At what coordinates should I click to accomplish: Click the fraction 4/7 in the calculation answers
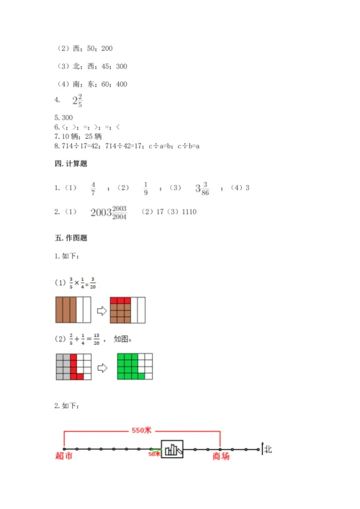tap(93, 189)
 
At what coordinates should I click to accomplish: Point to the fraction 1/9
tap(145, 189)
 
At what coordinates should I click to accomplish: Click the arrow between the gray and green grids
tap(102, 367)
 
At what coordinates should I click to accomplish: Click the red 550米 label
tap(142, 431)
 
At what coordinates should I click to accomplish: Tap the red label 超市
tap(63, 456)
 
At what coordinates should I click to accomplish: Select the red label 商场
tap(220, 455)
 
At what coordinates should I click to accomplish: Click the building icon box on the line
tap(171, 450)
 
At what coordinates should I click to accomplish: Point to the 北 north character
tap(269, 449)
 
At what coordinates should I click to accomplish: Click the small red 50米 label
tap(154, 454)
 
